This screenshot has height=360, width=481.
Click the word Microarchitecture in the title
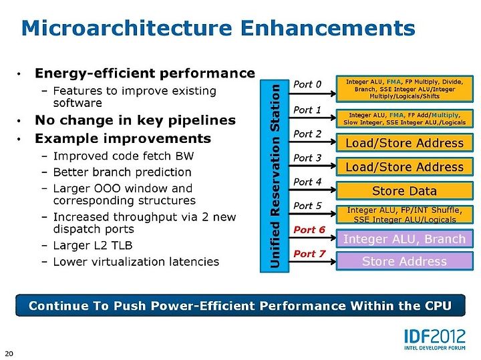coord(127,28)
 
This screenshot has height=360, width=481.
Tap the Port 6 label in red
coord(309,230)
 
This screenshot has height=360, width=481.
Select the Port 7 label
coord(309,254)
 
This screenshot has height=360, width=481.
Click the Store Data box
coord(404,191)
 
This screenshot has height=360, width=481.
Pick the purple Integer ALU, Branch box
coord(404,238)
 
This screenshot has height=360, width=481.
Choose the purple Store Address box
coord(404,261)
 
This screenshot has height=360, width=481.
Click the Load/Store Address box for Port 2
coord(404,142)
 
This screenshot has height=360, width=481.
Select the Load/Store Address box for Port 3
coord(404,167)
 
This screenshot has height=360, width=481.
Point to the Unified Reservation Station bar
coord(275,176)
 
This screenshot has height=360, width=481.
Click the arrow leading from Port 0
coord(312,94)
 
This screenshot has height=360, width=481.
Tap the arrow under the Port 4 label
coord(312,190)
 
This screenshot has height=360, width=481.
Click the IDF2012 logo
coord(435,339)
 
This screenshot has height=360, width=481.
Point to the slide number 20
coord(9,353)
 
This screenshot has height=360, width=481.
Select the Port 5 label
coord(307,206)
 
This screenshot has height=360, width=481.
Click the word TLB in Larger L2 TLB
coord(123,245)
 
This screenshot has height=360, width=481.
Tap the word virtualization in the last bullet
coord(128,262)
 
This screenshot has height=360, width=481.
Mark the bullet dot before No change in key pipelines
coord(19,120)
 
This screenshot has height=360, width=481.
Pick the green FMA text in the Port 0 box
coord(394,82)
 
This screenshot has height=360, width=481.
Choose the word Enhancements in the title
coord(328,28)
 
